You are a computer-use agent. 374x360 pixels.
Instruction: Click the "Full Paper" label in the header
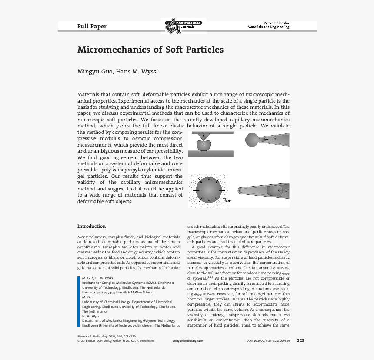pos(92,26)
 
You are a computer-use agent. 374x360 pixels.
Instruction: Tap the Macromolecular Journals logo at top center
pos(183,26)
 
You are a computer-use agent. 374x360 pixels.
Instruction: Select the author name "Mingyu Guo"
pos(95,71)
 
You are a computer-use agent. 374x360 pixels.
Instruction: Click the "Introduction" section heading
pos(91,226)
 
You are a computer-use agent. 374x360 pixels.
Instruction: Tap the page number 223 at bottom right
pos(300,340)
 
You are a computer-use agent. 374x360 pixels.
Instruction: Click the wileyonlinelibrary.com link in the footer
pos(188,341)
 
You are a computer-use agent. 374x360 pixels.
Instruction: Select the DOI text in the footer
pos(268,341)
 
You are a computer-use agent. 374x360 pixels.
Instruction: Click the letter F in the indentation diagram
pos(204,136)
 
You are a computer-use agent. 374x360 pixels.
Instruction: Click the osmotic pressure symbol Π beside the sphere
pos(227,200)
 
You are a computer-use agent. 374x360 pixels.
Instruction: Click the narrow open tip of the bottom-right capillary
pos(240,190)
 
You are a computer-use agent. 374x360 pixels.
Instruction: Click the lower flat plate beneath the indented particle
pos(210,153)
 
